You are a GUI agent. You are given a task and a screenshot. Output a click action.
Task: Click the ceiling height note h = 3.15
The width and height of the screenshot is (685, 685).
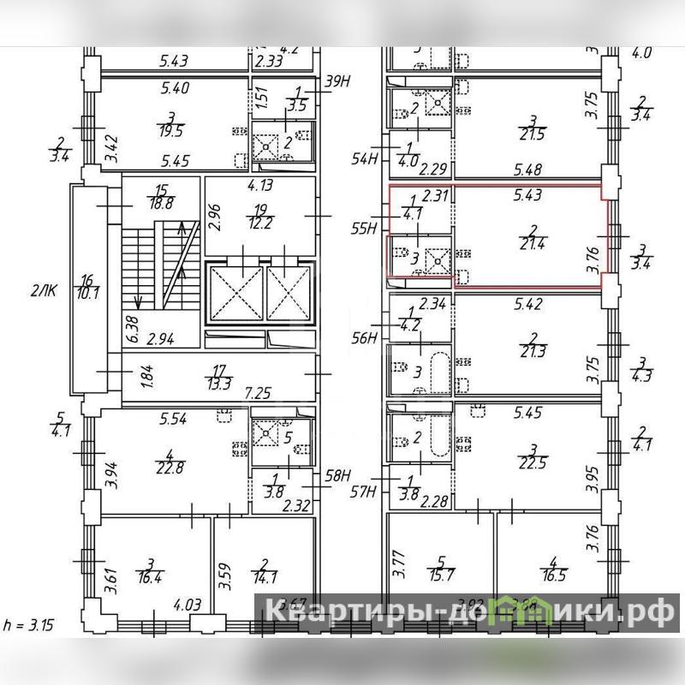[x=29, y=625]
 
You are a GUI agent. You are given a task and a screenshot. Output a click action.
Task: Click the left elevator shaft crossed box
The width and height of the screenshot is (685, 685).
[x=234, y=294]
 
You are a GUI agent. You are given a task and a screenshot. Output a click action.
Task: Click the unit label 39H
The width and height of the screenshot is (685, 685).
[x=340, y=82]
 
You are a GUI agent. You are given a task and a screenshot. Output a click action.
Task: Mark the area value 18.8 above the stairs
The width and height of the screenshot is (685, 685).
[x=160, y=203]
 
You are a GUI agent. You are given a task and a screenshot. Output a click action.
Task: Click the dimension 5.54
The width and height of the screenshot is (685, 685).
[x=174, y=420]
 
